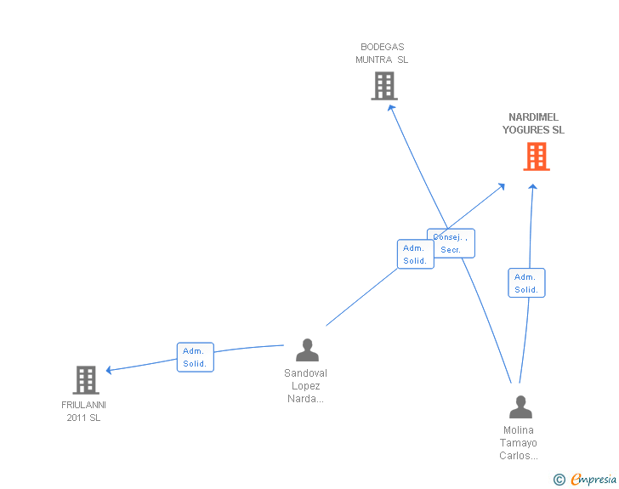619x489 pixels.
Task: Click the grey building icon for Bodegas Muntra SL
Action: point(384,85)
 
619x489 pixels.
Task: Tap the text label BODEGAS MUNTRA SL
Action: point(382,54)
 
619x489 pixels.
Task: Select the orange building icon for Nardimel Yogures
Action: point(536,156)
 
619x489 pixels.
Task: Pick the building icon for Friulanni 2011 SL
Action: point(86,379)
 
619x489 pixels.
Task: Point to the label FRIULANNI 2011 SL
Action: point(83,411)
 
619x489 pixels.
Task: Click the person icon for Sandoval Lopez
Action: point(307,350)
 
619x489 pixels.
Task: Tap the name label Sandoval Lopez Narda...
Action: point(306,386)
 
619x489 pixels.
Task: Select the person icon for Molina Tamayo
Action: point(520,407)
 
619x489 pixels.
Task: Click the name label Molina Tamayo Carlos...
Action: point(519,443)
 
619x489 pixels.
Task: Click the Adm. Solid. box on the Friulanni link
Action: point(195,357)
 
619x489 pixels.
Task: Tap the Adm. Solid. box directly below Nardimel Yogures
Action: point(526,283)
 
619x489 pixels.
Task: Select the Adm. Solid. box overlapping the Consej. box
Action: point(414,254)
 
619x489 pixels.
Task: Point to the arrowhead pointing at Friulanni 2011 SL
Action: point(109,370)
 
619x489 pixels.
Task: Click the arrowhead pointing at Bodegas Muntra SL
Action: point(391,107)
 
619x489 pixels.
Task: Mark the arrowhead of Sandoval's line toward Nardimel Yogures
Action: point(502,186)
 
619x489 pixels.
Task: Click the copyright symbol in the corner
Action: point(559,480)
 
